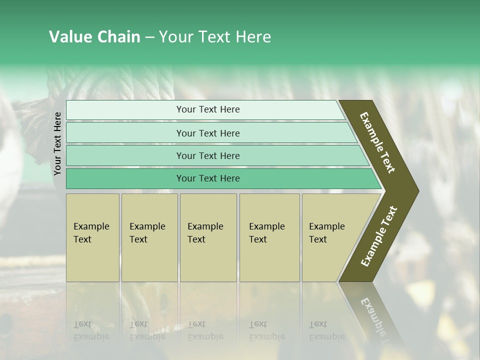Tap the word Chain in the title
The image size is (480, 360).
[118, 37]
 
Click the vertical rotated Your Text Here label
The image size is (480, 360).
[57, 143]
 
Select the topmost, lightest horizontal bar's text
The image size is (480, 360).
[208, 109]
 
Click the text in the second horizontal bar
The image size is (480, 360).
[208, 133]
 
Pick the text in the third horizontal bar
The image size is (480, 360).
[208, 156]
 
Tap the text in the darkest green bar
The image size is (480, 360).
[208, 178]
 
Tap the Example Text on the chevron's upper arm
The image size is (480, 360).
[377, 142]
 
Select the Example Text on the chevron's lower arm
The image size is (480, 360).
[379, 236]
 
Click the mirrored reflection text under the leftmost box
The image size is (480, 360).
[91, 330]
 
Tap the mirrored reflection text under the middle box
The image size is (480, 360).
[205, 330]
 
